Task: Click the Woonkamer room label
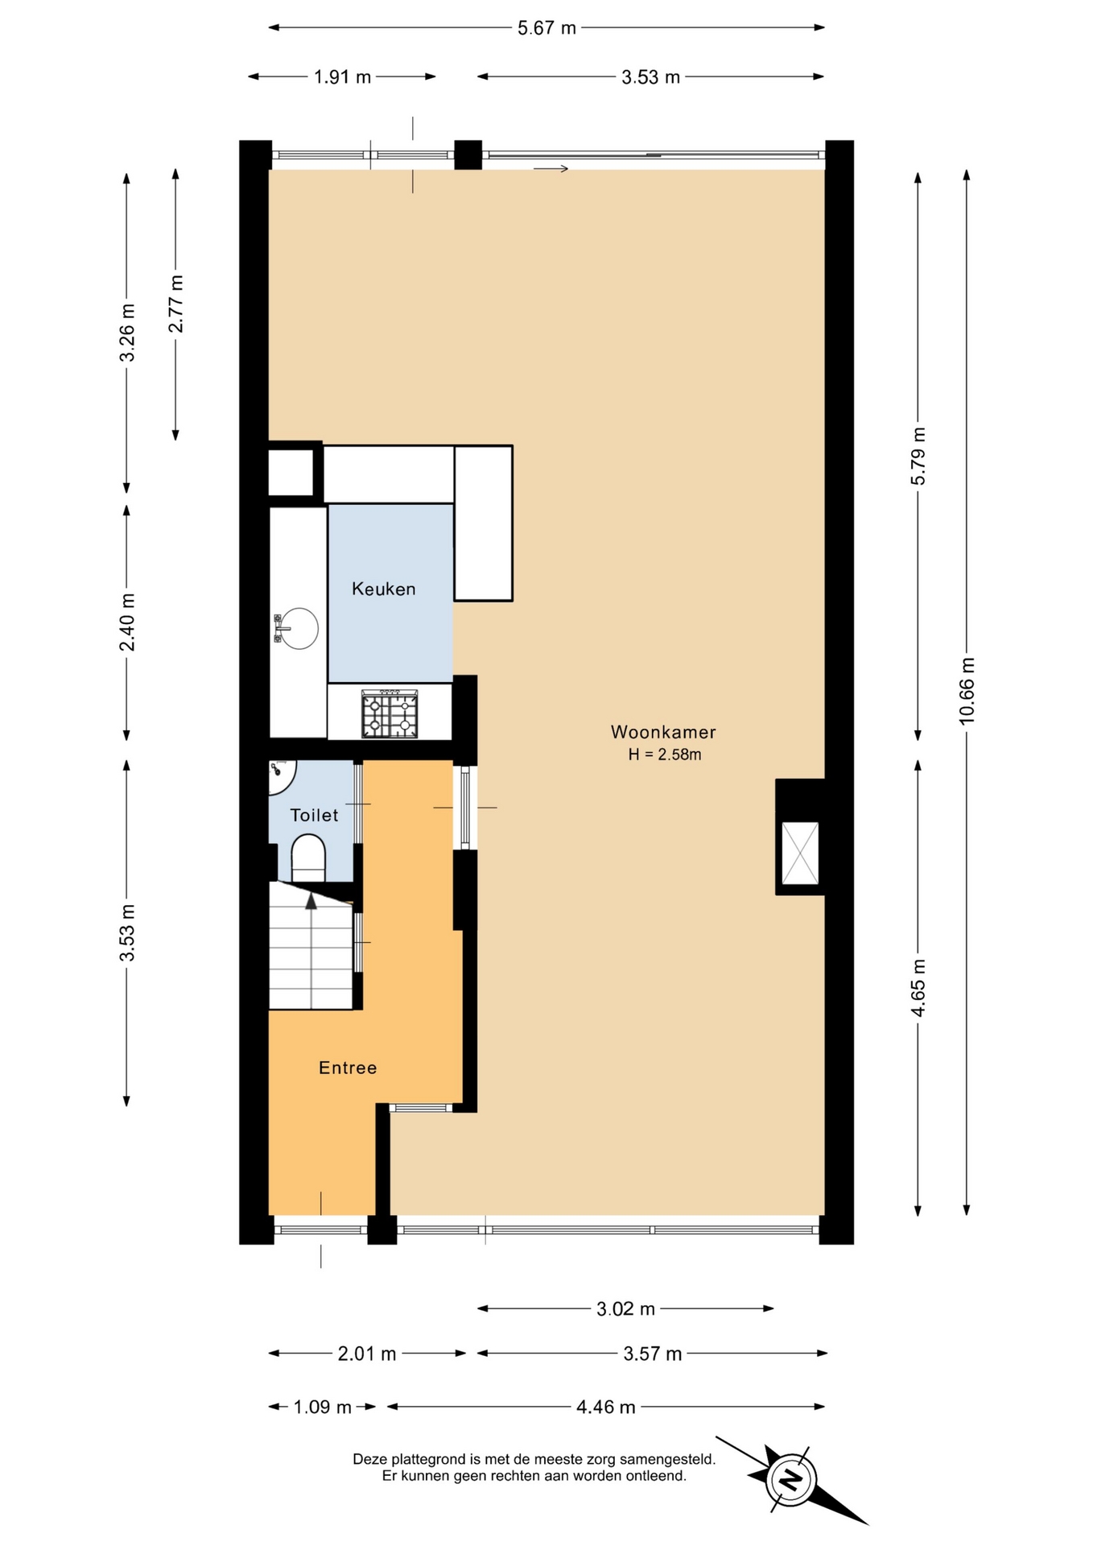(662, 732)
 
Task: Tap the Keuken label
(384, 589)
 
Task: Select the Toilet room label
(314, 815)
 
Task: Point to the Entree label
(348, 1068)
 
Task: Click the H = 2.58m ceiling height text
(665, 754)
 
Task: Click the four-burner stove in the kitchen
(390, 713)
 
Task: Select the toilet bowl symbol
(307, 858)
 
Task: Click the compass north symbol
(791, 1479)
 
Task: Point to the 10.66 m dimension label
(967, 691)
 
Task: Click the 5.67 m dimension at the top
(546, 28)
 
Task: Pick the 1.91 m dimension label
(342, 77)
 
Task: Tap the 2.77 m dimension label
(175, 304)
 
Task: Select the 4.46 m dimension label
(606, 1407)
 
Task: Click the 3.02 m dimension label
(625, 1308)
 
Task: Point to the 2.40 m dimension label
(126, 622)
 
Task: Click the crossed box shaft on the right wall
(800, 853)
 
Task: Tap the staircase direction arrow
(311, 902)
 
